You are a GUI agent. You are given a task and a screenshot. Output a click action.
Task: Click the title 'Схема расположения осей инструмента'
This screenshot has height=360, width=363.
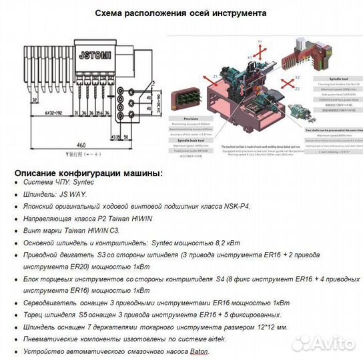(181, 13)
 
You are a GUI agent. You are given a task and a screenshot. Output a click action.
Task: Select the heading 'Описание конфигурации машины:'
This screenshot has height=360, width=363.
(87, 173)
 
